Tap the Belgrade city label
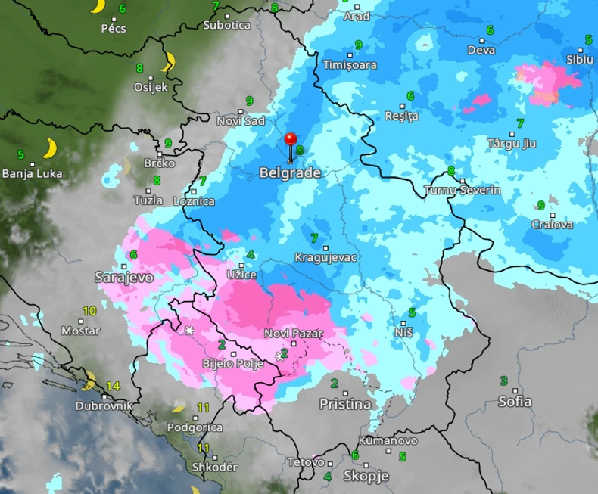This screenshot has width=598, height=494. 290,173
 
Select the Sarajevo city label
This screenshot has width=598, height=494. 124,278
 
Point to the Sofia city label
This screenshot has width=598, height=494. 515,402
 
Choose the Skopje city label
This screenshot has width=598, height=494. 366,477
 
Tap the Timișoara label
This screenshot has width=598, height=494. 350,65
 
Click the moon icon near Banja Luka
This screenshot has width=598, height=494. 50,148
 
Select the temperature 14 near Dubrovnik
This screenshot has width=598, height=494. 113,386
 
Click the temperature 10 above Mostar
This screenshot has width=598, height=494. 89,311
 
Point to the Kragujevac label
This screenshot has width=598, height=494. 325,258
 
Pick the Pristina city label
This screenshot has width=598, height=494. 345,405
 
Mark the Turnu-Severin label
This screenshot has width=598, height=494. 463,190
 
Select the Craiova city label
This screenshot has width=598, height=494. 552,225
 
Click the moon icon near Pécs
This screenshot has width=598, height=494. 97,7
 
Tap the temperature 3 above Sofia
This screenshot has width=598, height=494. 503,381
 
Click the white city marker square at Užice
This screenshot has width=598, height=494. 242,265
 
